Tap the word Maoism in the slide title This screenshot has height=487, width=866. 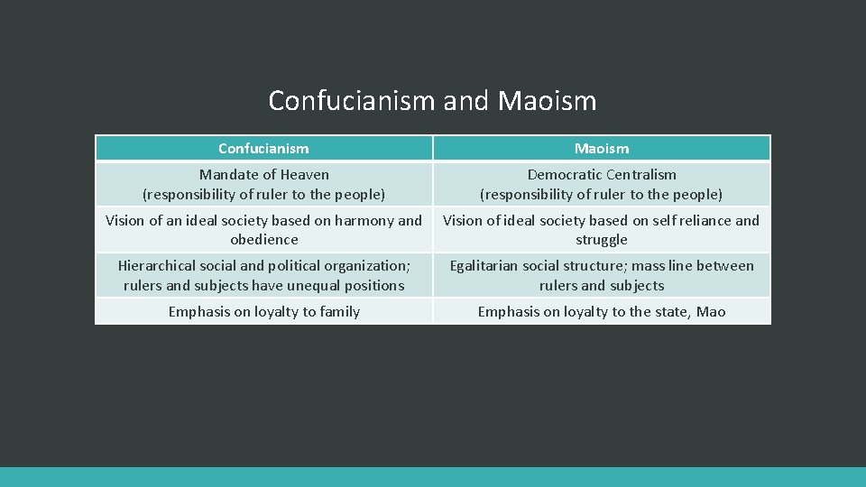tap(547, 100)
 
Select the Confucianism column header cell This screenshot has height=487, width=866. tap(263, 148)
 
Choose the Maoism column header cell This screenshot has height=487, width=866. tap(602, 148)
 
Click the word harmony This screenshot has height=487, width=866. tap(361, 220)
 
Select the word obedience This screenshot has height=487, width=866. tap(263, 240)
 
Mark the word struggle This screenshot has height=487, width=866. tap(602, 240)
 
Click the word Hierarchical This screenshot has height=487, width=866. tap(160, 266)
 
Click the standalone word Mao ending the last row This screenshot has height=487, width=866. tap(711, 312)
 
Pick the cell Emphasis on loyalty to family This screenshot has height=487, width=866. tap(263, 312)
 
